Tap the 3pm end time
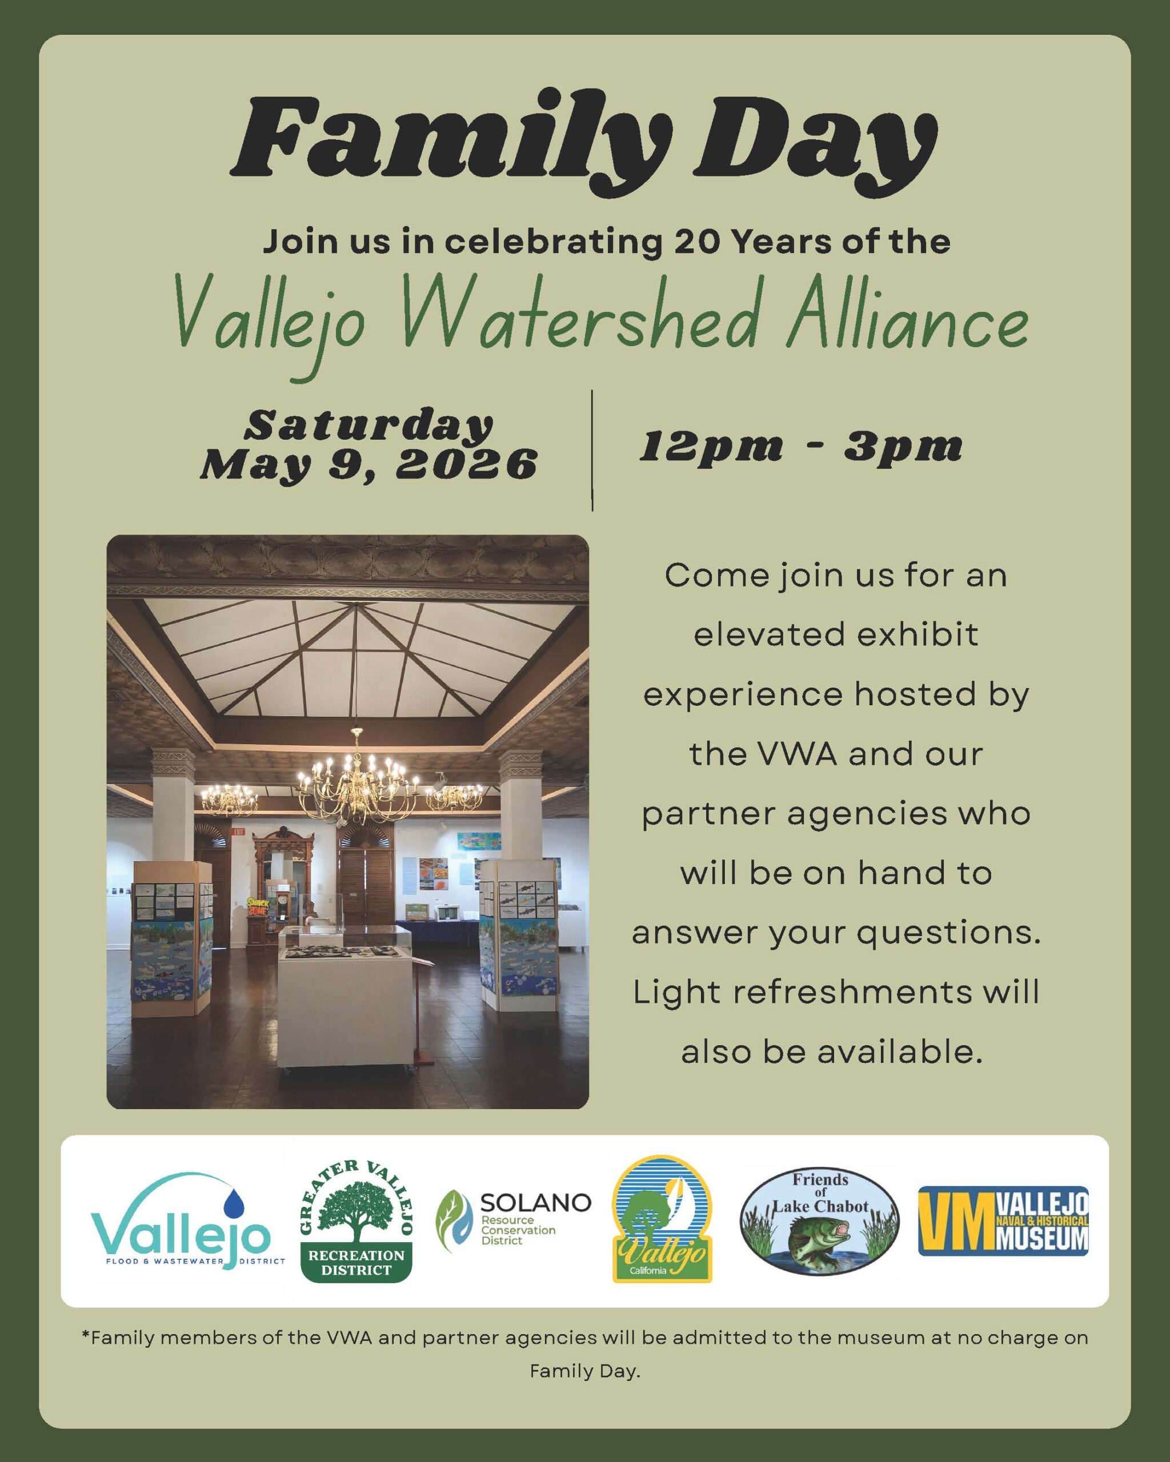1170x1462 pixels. point(903,448)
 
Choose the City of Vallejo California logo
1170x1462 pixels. point(662,1219)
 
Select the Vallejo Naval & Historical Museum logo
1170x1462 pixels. point(1003,1220)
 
